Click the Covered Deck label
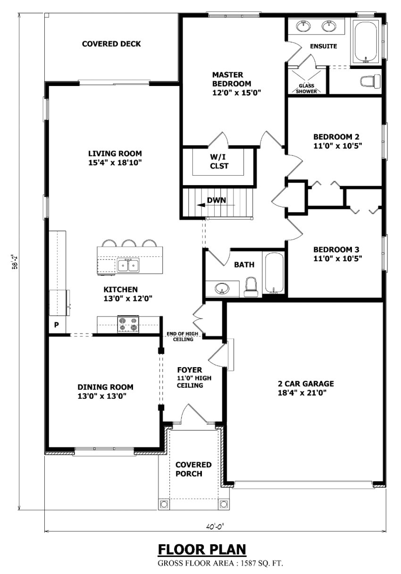coord(111,44)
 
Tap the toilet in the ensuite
coord(370,81)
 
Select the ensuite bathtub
coord(366,42)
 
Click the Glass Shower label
coord(306,88)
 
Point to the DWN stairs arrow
coord(216,205)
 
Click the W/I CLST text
coord(219,161)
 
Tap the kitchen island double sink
coord(128,265)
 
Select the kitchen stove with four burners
coord(128,324)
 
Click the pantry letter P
coord(57,325)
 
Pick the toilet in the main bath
coord(251,287)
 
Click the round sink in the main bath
coord(222,289)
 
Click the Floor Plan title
coord(202,549)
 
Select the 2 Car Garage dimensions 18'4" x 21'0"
coord(302,393)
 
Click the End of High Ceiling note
coord(183,336)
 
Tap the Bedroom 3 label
coord(336,249)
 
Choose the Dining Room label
coord(105,387)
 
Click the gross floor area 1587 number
coord(246,564)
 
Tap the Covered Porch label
coord(193,469)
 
